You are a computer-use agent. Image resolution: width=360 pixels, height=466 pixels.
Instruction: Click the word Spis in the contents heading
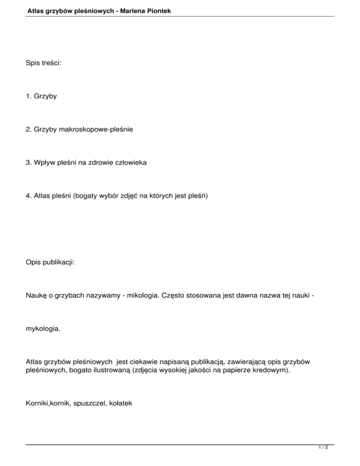(x=33, y=75)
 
